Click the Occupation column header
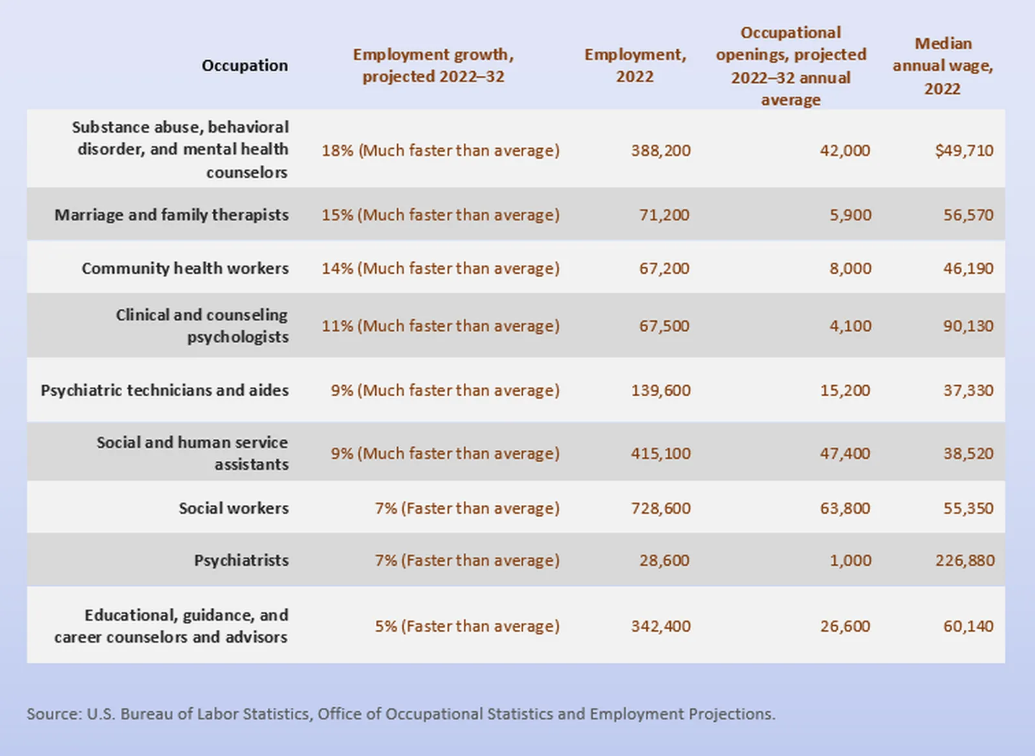(245, 65)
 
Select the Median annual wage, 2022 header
(942, 66)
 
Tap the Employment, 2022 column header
(635, 65)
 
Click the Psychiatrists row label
(241, 561)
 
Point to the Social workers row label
(234, 508)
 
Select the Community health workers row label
(185, 268)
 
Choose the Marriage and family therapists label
(171, 215)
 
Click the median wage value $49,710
(964, 150)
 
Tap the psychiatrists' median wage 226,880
(964, 561)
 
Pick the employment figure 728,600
(660, 508)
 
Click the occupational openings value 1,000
(850, 561)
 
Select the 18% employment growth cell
(441, 150)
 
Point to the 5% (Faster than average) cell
(467, 626)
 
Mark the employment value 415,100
(660, 453)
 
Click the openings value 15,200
(845, 390)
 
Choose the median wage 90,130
(968, 326)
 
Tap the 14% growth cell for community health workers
(441, 268)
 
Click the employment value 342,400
(660, 626)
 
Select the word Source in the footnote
(53, 714)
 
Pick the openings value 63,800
(845, 508)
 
